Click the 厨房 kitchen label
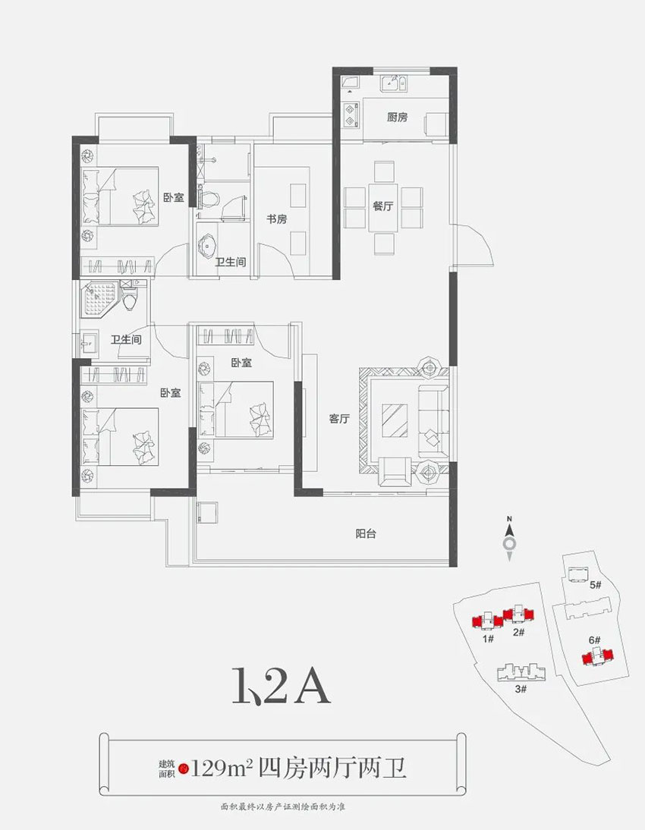(397, 117)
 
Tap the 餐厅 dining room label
(383, 206)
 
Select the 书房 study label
(276, 219)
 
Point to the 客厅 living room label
(339, 419)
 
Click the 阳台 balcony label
(366, 533)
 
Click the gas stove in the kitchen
(350, 115)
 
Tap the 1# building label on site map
(488, 638)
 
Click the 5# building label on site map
(595, 585)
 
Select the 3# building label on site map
(521, 689)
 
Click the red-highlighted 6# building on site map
(599, 656)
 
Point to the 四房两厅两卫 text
(332, 768)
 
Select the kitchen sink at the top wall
(394, 83)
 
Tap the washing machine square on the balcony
(206, 512)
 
